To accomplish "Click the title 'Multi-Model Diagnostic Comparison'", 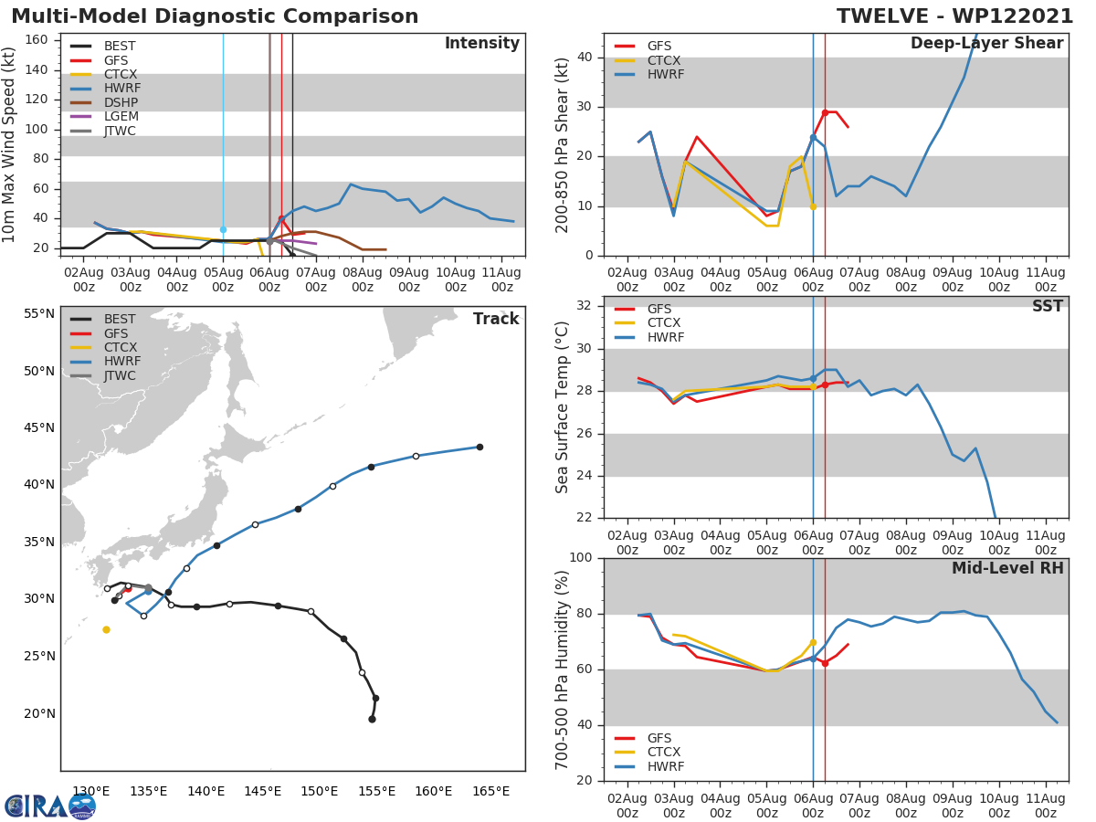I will pyautogui.click(x=215, y=16).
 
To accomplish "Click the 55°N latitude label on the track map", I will pyautogui.click(x=39, y=313).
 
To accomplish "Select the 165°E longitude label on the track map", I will pyautogui.click(x=490, y=791).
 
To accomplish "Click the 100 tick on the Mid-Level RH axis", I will pyautogui.click(x=581, y=557).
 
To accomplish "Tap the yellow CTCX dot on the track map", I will pyautogui.click(x=106, y=629).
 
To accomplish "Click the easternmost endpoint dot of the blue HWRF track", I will pyautogui.click(x=479, y=447).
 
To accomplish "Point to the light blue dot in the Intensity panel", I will pyautogui.click(x=223, y=229).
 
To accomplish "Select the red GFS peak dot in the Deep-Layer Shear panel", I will pyautogui.click(x=825, y=112).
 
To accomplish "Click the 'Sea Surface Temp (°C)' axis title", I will pyautogui.click(x=563, y=407).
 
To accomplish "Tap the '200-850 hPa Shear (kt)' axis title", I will pyautogui.click(x=563, y=144).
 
